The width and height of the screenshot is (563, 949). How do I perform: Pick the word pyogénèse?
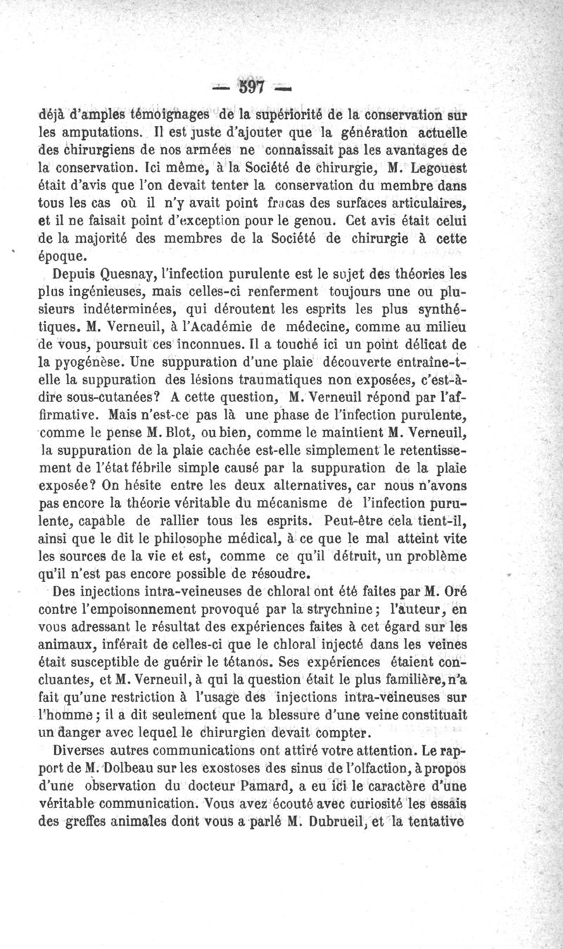(91, 364)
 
